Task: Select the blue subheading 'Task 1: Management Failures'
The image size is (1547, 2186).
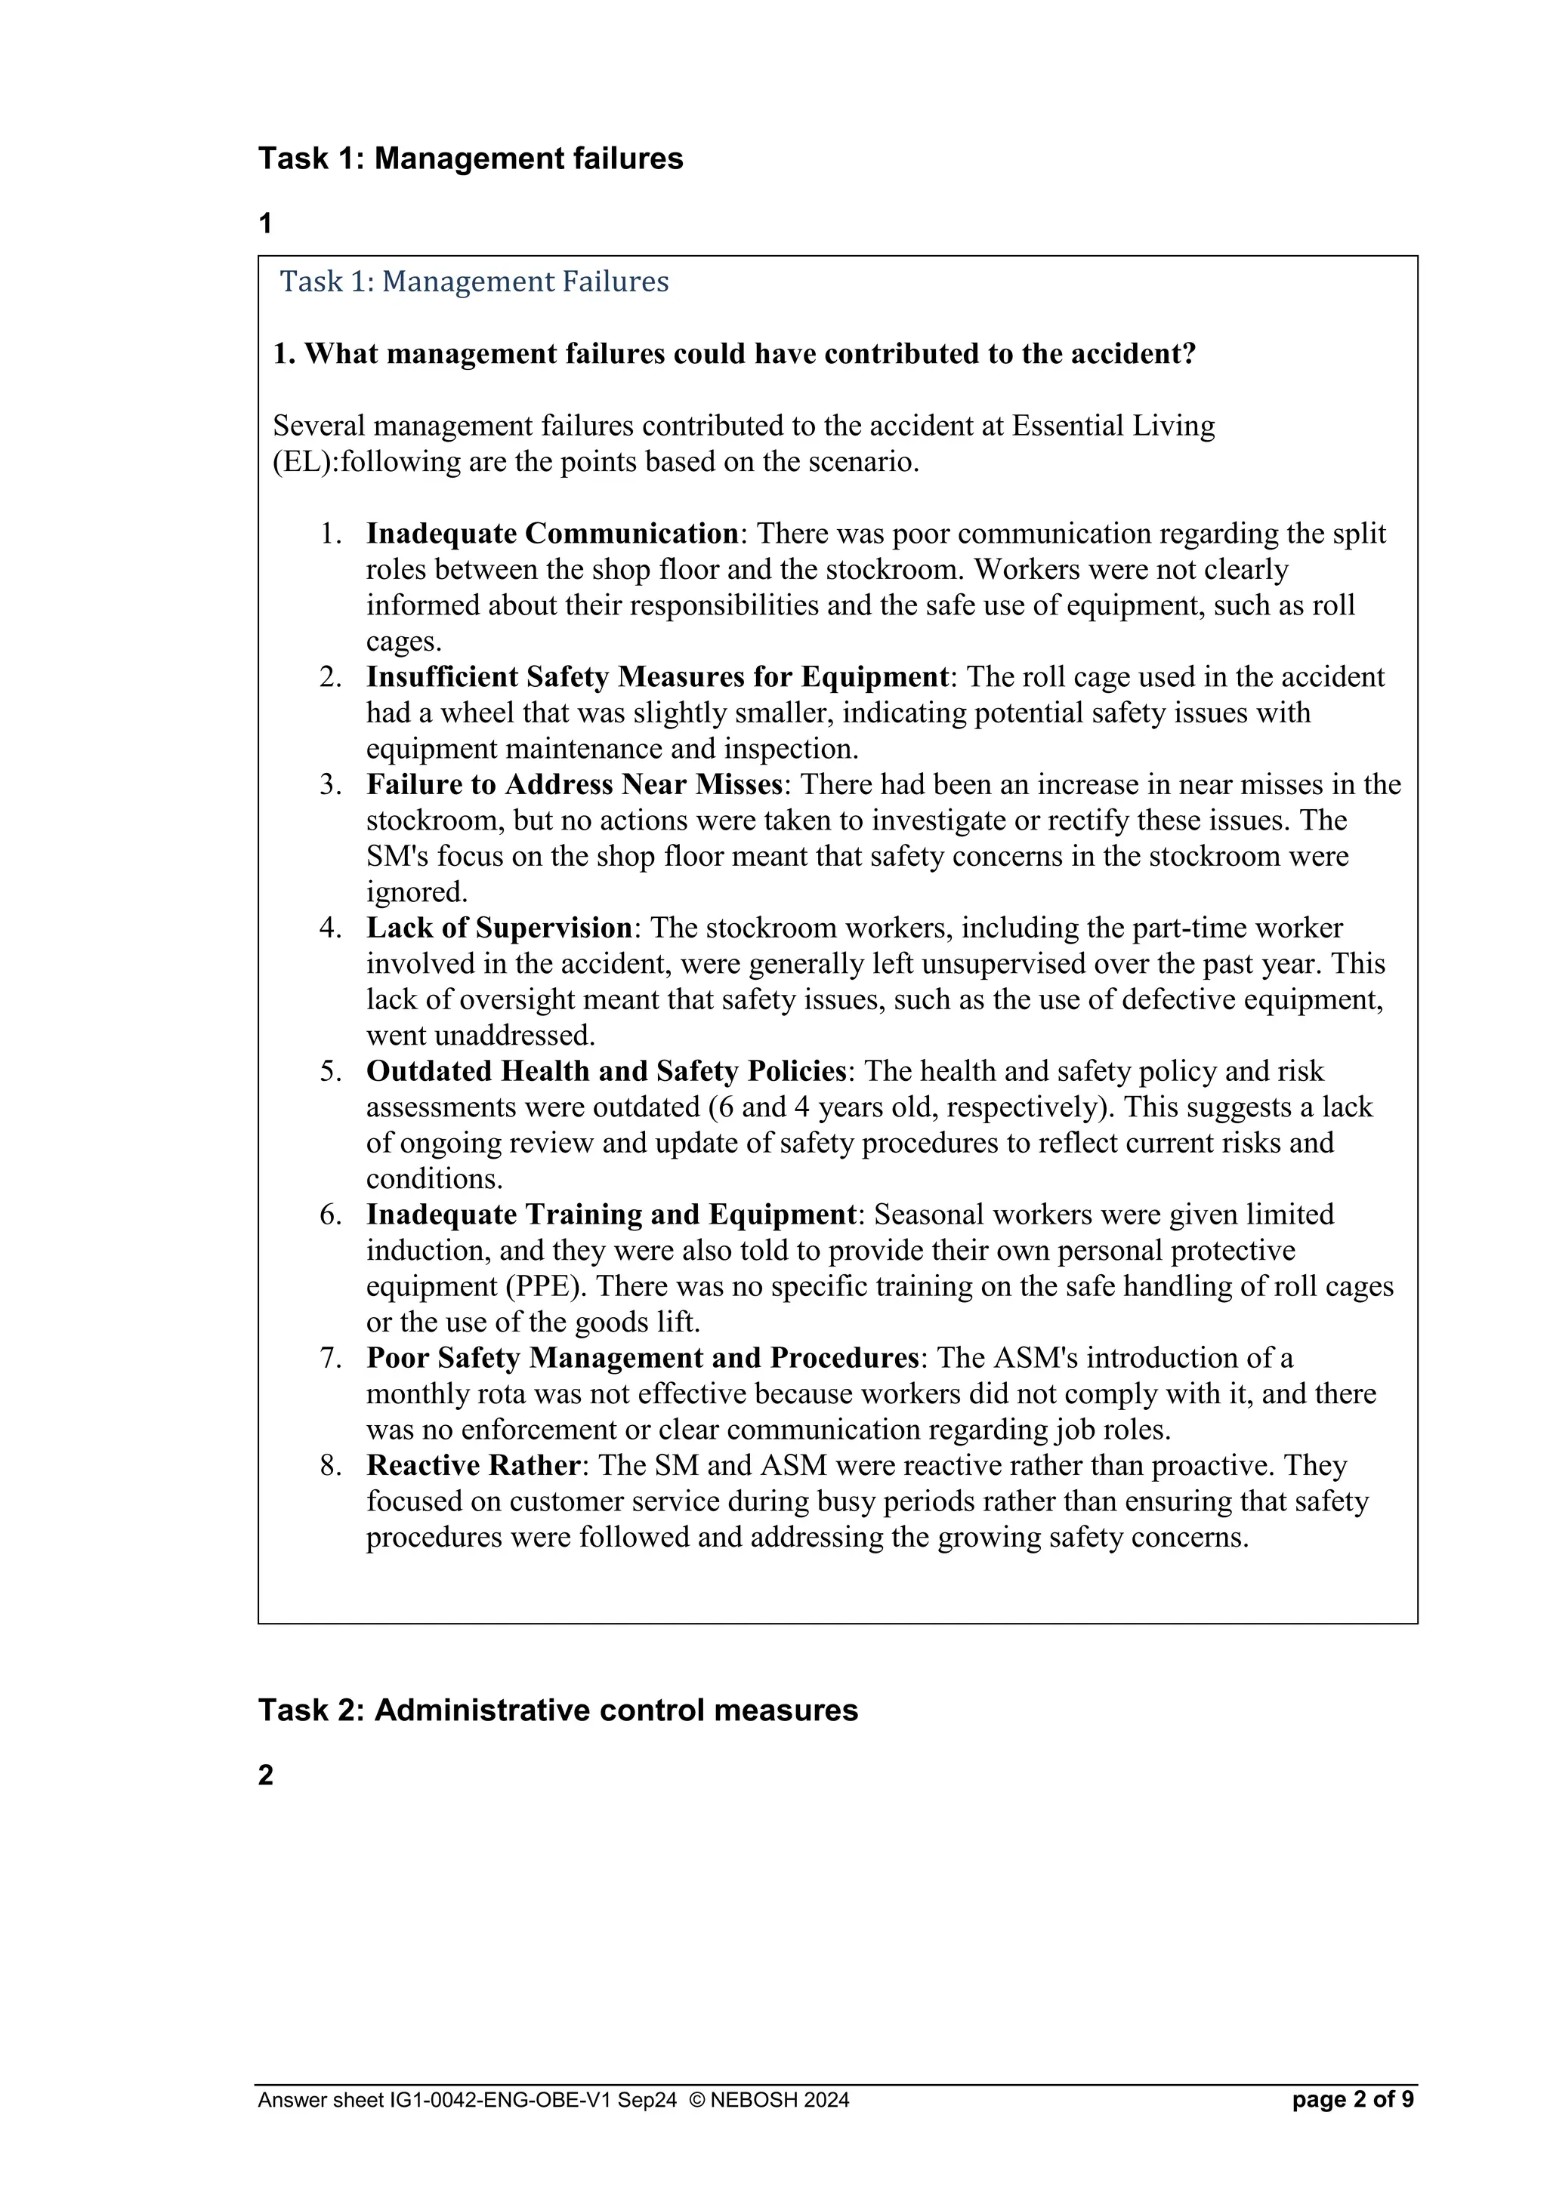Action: point(474,282)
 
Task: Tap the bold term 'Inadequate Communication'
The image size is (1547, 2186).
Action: point(551,533)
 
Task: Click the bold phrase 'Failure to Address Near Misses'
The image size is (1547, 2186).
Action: point(574,784)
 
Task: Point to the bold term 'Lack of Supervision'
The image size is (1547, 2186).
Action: point(499,928)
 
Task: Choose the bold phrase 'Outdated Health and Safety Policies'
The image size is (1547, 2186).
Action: point(606,1071)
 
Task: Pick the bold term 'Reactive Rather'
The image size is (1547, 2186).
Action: point(472,1465)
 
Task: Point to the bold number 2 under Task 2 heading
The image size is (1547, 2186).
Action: point(266,1775)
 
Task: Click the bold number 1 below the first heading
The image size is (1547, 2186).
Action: point(266,223)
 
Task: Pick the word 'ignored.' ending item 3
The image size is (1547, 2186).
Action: point(417,892)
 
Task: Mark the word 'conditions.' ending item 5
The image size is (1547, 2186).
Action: point(434,1179)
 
